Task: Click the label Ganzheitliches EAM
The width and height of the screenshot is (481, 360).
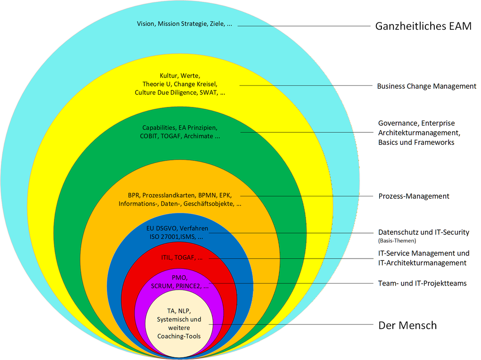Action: [x=423, y=26]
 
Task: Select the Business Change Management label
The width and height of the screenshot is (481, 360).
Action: [x=426, y=86]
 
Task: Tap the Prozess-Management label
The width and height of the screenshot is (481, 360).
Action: [x=414, y=196]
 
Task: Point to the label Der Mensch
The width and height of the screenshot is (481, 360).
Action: [x=407, y=325]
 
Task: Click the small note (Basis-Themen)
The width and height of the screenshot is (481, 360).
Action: [x=397, y=241]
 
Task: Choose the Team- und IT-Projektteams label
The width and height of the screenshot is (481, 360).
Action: [x=423, y=283]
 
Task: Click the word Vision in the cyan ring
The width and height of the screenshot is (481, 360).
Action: [x=146, y=24]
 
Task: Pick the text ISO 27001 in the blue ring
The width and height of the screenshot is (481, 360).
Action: [x=161, y=237]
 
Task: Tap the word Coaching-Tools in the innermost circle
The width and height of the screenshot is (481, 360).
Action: [x=179, y=336]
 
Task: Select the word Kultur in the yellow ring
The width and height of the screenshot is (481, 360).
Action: [x=169, y=75]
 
